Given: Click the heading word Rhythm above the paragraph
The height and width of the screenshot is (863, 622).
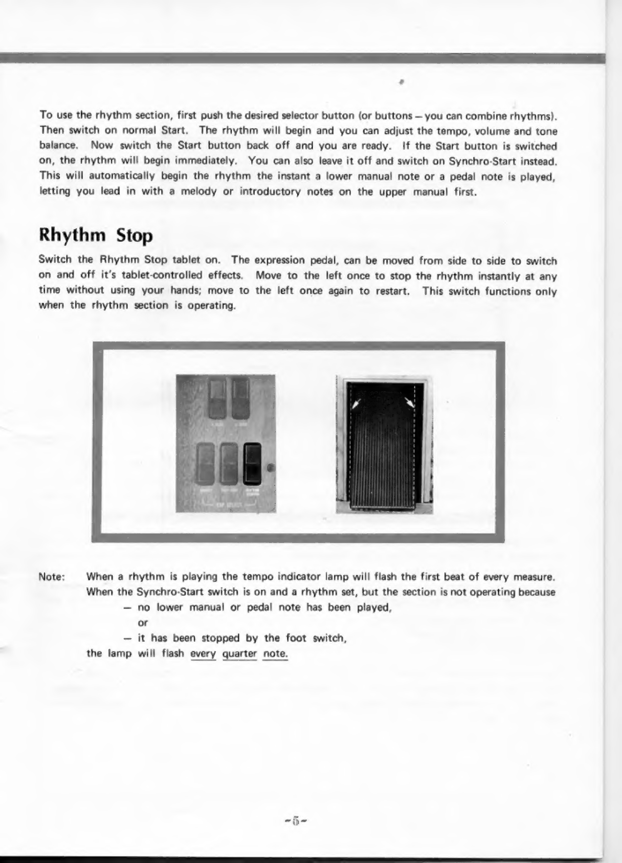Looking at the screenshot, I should click(73, 236).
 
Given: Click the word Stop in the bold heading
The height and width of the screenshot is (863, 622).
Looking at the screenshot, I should click(134, 236).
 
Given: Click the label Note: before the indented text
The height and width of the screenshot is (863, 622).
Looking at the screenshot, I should click(51, 577).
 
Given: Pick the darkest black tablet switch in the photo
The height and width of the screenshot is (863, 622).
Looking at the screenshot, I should click(253, 464).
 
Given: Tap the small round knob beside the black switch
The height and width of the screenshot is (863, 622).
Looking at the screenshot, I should click(271, 467).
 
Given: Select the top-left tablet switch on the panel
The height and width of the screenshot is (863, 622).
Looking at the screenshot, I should click(214, 398).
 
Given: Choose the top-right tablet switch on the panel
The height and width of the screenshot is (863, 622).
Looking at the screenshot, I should click(240, 398).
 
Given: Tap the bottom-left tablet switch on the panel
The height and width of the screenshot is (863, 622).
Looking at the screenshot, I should click(206, 464).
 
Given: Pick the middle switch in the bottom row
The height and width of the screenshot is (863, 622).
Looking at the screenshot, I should click(229, 464).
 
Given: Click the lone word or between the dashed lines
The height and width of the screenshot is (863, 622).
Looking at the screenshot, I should click(143, 623).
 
